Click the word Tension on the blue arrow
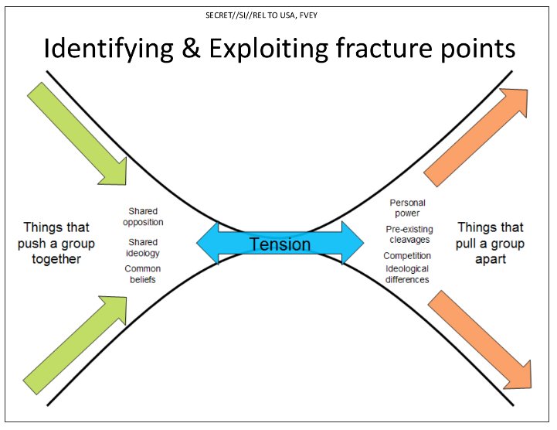click(x=280, y=244)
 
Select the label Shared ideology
click(x=143, y=247)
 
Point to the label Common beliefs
click(x=142, y=274)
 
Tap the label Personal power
click(x=407, y=208)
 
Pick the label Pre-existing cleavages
click(x=409, y=234)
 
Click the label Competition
click(x=408, y=256)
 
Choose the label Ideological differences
click(x=407, y=274)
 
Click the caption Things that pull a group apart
click(x=491, y=244)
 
